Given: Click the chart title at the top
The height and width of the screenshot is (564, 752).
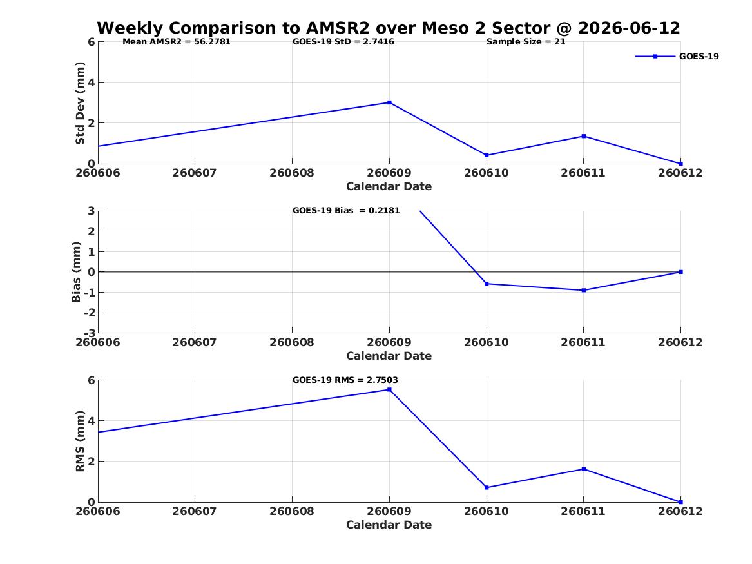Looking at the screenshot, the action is tap(389, 28).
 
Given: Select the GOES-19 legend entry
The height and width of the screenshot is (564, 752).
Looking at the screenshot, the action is tap(677, 56).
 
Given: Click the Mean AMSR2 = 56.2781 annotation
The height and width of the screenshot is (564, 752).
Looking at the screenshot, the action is tap(177, 42).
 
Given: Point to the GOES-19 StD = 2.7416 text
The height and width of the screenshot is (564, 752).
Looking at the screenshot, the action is tap(343, 42).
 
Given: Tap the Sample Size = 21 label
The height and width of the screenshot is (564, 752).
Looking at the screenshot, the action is tap(526, 42).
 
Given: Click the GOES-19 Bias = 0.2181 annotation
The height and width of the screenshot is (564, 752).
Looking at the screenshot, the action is tap(346, 211).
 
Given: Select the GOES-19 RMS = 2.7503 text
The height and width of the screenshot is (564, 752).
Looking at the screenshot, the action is tap(345, 380).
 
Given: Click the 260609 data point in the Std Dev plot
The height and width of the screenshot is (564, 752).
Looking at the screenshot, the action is tap(389, 102).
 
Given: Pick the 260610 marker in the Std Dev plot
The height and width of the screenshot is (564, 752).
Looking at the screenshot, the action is tap(487, 155).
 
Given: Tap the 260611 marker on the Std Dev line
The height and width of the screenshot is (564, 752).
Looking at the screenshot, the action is tap(584, 136).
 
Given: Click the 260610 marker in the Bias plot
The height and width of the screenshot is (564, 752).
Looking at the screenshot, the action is tap(487, 284).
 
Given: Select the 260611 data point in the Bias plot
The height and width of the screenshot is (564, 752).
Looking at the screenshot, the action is tap(584, 290).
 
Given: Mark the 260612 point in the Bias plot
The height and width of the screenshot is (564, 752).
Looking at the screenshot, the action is tap(680, 272).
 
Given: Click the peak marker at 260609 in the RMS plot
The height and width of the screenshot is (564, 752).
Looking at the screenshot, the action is tap(389, 389).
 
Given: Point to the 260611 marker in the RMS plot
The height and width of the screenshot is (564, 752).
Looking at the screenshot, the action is tap(584, 469).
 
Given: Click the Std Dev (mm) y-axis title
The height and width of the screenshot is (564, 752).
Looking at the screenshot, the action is tap(80, 103).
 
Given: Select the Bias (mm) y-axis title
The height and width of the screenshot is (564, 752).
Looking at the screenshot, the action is tap(76, 272).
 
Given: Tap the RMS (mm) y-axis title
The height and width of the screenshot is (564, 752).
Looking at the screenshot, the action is tap(80, 442).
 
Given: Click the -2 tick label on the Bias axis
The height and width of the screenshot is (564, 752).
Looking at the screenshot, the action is tap(89, 313).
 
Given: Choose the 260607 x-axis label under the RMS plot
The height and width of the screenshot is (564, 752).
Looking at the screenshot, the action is tap(195, 511).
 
